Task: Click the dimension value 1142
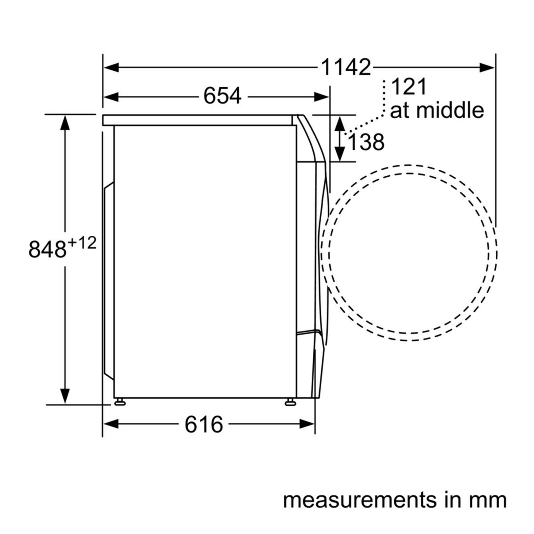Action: [346, 67]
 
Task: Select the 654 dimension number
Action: [222, 96]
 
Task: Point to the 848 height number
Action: [48, 249]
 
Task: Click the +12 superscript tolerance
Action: [82, 243]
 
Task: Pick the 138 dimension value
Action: [366, 142]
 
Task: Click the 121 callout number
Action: [409, 87]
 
